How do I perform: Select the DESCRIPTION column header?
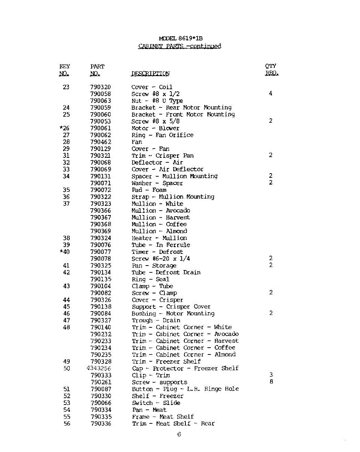coord(150,74)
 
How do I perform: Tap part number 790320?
coord(101,87)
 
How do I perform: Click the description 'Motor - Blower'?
coord(155,128)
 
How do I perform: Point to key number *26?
coord(64,128)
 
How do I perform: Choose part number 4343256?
coord(99,368)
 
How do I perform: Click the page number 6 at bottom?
coord(179,435)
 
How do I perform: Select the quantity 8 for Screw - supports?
coord(271,382)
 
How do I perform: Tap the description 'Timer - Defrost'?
coord(157,252)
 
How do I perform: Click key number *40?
coord(64,252)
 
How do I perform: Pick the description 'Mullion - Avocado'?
coord(161,211)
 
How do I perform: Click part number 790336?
coord(101,423)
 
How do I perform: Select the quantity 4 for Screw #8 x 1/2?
coord(271,93)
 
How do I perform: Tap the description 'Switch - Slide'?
coord(156,403)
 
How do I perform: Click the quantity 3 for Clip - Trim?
coord(271,375)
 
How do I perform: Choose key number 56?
coord(67,423)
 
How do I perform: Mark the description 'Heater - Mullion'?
coord(159,238)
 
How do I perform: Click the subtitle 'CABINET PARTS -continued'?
coord(180,46)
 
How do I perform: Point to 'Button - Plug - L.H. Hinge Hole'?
coord(185,389)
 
